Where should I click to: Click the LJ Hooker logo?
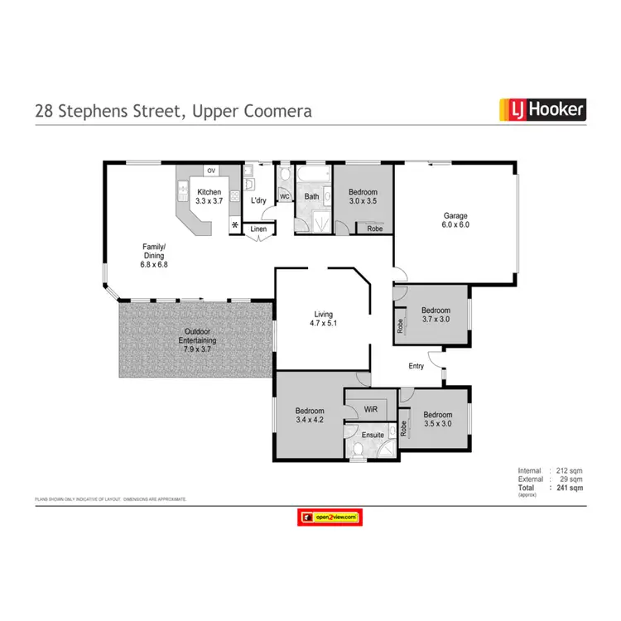coord(542,108)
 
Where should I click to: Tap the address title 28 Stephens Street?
coord(173,110)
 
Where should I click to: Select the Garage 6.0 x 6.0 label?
coord(455,219)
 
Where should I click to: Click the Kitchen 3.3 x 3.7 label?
coord(209,197)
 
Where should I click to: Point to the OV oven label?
coord(211,171)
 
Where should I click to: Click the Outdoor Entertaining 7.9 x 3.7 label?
coord(199,339)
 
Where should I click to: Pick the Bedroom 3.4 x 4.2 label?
coord(310,416)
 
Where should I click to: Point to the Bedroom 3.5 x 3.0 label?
coord(437,420)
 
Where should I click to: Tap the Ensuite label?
coord(372,432)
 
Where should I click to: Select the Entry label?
coord(416,365)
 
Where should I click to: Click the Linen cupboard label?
coord(259,229)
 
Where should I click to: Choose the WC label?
coord(283,197)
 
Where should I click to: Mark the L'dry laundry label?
coord(258,200)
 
